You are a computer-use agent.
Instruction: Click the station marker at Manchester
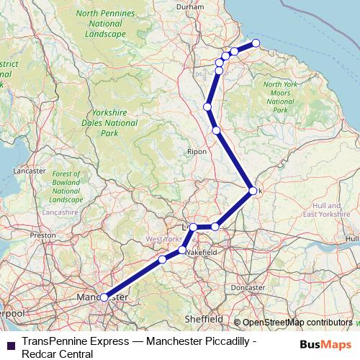(104, 297)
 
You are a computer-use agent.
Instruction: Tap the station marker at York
(252, 191)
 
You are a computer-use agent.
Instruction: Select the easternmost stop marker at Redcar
(256, 43)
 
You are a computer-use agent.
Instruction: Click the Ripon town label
(197, 152)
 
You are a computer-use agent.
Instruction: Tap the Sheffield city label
(203, 318)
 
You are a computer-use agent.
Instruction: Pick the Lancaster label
(30, 171)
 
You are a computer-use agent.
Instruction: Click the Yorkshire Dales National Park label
(109, 123)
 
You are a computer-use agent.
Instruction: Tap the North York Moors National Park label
(276, 97)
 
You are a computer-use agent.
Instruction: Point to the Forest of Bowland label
(66, 186)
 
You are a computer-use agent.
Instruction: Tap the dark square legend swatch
(11, 344)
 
